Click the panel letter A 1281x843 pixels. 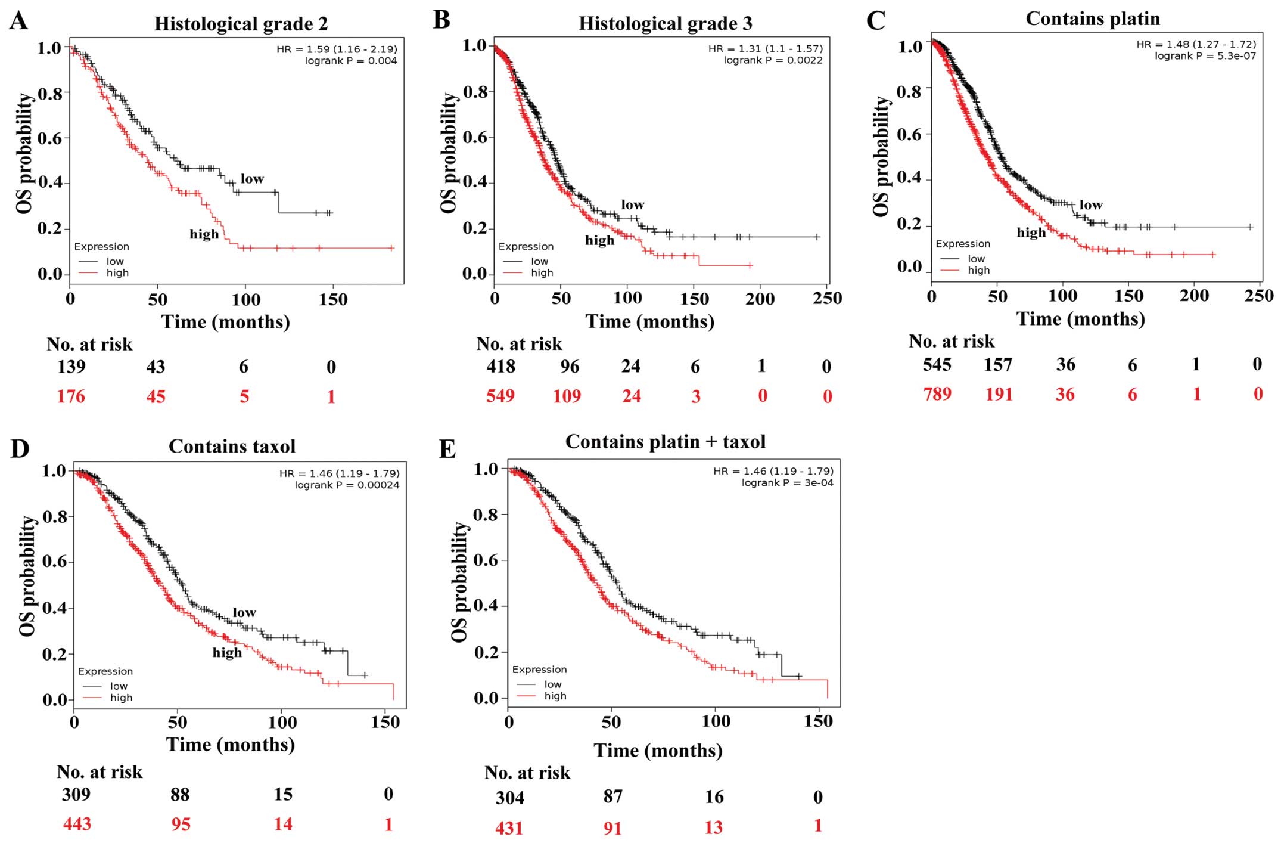[19, 20]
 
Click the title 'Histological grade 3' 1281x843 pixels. [665, 24]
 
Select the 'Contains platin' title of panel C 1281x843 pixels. [1092, 19]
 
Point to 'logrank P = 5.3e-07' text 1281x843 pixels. [1205, 56]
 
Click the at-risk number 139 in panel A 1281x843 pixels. [71, 367]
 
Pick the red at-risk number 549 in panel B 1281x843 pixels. [500, 396]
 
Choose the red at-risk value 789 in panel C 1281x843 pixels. [937, 394]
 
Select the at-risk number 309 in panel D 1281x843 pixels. [76, 794]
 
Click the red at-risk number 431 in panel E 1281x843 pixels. [509, 827]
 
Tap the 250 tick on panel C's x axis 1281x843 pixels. [1258, 296]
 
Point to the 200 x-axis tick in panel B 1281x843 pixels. [760, 299]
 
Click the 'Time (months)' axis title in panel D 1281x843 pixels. [230, 745]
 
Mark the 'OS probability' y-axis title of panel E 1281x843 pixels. [459, 582]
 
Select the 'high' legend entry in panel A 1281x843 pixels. [117, 273]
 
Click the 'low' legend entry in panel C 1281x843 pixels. [976, 259]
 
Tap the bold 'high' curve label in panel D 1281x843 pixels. [227, 653]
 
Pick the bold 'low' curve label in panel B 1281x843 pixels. [632, 205]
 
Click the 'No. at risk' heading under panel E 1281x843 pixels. [527, 773]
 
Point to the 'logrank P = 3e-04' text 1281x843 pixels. [787, 483]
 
